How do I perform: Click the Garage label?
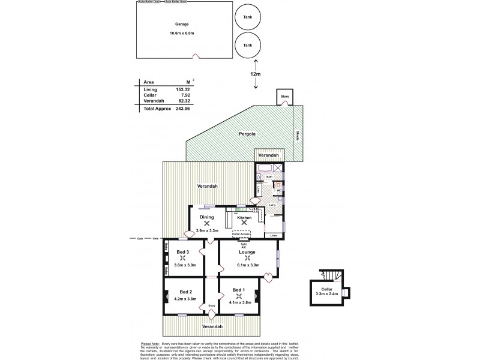[182, 25]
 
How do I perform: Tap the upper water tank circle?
[247, 17]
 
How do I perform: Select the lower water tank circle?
[247, 45]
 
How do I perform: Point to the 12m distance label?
[256, 73]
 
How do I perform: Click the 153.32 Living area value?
[181, 89]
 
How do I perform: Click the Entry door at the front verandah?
[211, 313]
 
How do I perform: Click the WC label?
[278, 191]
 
